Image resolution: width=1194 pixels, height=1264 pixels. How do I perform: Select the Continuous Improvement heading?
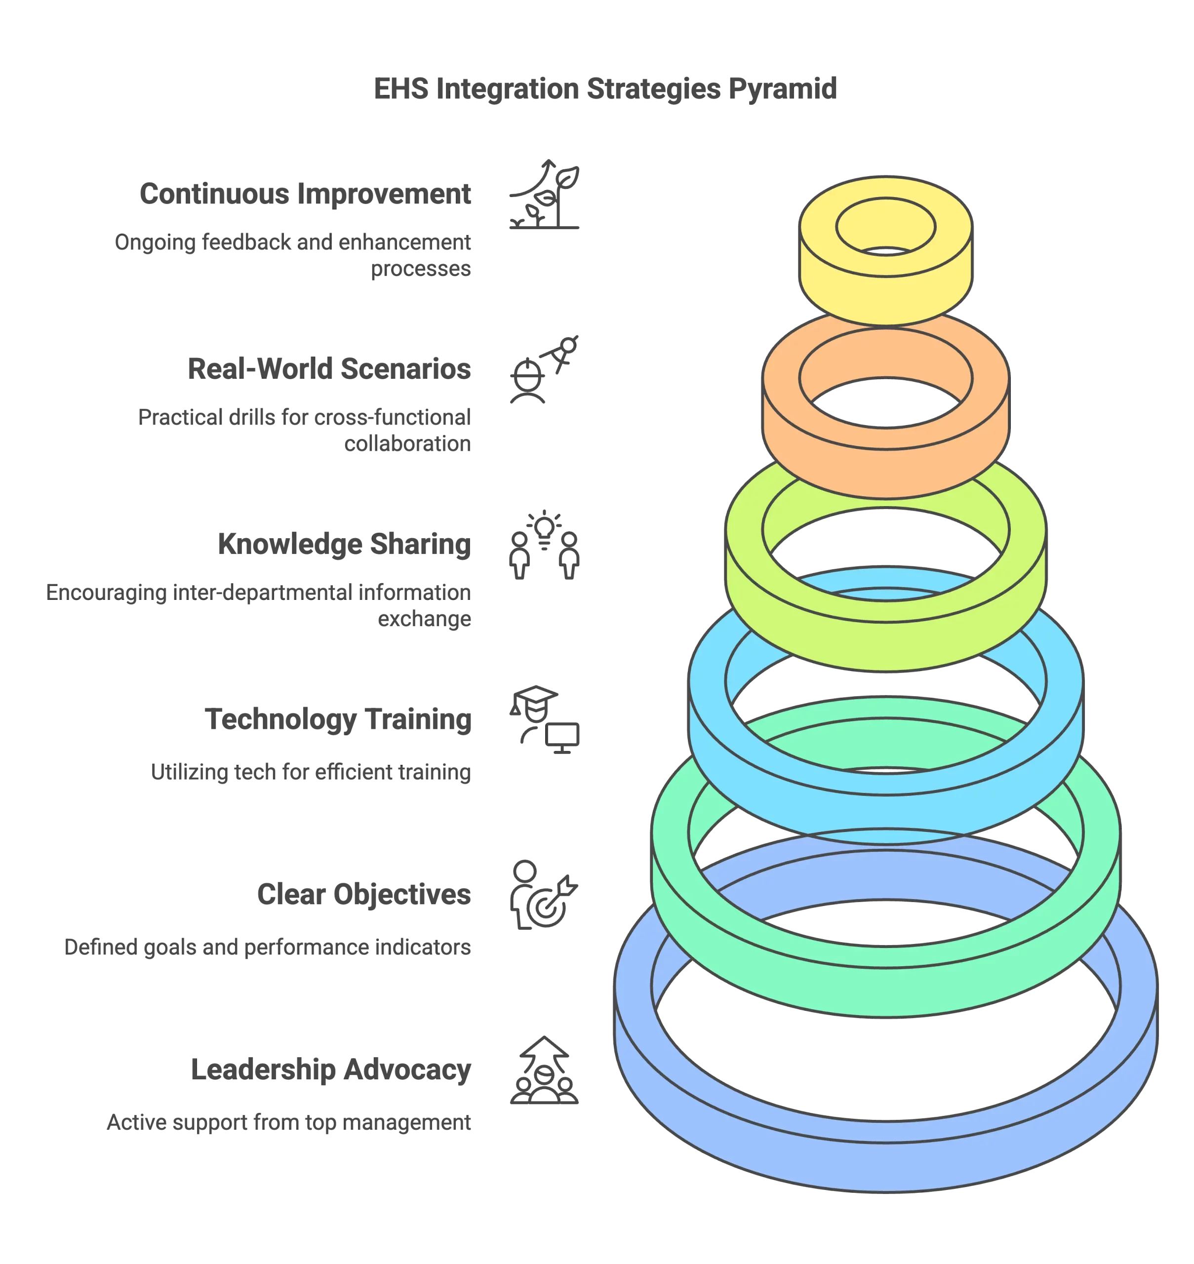(x=306, y=194)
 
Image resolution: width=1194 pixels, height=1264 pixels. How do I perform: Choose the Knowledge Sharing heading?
(x=344, y=546)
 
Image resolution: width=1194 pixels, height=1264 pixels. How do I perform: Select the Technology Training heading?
(x=339, y=720)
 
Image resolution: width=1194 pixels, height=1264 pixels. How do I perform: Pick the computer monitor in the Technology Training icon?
(x=563, y=735)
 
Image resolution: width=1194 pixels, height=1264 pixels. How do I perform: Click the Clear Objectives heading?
(x=365, y=894)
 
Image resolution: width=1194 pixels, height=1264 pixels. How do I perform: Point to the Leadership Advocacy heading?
(x=330, y=1070)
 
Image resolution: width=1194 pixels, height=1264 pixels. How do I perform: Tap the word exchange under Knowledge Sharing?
(x=426, y=620)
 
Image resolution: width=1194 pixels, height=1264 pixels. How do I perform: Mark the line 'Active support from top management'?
(x=289, y=1123)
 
